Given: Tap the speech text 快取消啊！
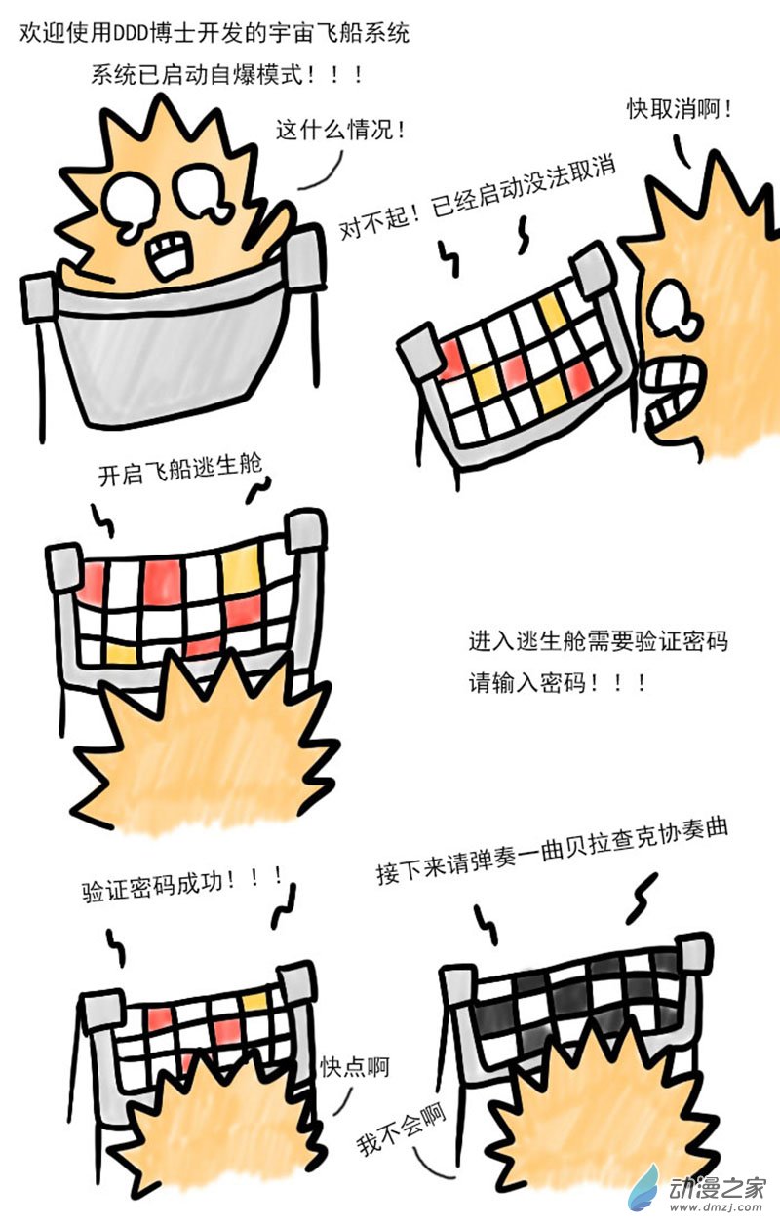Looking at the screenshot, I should click(x=680, y=109).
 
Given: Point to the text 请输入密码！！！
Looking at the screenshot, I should click(x=557, y=682).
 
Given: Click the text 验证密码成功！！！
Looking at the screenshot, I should click(x=182, y=885).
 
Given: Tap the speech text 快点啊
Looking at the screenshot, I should click(x=355, y=1066).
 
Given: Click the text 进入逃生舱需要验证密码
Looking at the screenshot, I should click(x=598, y=642).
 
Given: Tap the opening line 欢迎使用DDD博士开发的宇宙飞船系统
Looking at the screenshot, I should click(x=215, y=32).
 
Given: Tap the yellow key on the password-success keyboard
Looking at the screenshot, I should click(x=255, y=1001).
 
